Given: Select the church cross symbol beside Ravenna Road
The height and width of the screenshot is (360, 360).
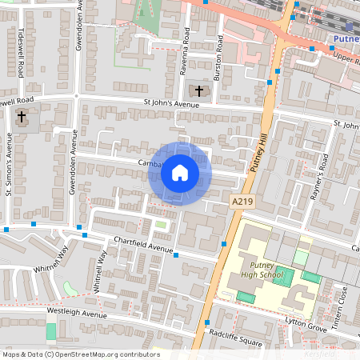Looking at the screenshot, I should point(200,90).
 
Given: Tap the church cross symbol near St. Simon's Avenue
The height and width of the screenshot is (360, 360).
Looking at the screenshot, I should point(22,118).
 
